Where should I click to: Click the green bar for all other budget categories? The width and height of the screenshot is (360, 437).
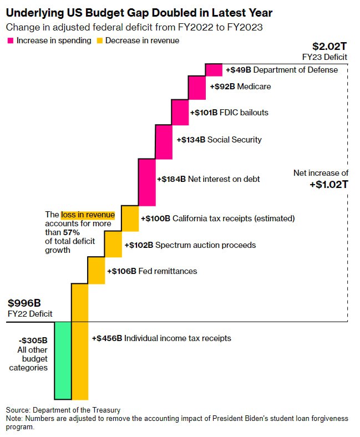click(x=63, y=360)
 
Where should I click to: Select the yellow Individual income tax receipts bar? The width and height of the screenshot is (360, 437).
click(x=79, y=341)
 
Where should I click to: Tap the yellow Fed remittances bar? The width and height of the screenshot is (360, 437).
click(x=96, y=270)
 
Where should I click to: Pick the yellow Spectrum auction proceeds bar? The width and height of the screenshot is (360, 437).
click(x=113, y=244)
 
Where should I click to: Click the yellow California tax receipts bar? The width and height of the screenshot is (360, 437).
click(x=130, y=218)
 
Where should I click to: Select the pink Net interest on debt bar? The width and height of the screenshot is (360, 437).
click(x=146, y=181)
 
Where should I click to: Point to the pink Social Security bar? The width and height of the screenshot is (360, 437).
click(x=163, y=141)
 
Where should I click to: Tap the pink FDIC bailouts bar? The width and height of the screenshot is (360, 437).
click(x=180, y=113)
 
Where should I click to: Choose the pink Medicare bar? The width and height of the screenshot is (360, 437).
click(x=197, y=87)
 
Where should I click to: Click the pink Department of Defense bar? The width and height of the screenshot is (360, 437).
click(x=214, y=70)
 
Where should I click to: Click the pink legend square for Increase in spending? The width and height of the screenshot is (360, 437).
click(x=10, y=40)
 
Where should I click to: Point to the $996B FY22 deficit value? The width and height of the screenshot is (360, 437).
click(x=24, y=303)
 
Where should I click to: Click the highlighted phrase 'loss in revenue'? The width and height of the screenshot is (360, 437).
click(x=88, y=215)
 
